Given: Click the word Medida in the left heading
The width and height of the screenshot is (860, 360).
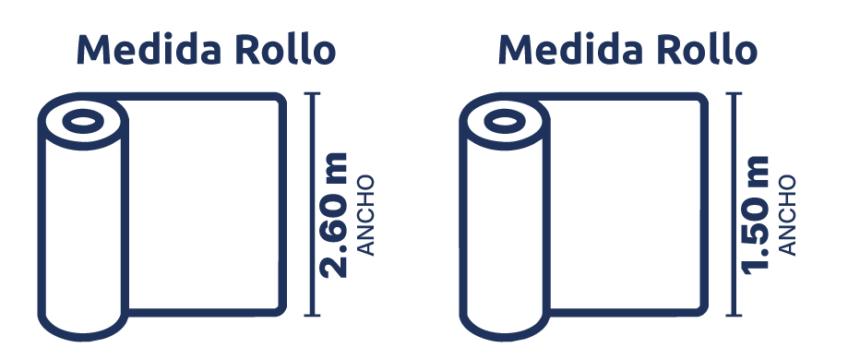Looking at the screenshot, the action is (x=149, y=50).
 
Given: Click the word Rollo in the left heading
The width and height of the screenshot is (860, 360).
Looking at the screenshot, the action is (x=285, y=50).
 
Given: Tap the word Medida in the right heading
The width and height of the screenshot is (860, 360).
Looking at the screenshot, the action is (x=570, y=50).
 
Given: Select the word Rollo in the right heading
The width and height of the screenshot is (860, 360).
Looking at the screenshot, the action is (x=707, y=50).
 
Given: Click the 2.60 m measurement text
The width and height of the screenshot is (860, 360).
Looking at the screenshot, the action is (x=334, y=215).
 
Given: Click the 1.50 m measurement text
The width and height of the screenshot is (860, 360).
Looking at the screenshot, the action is (x=755, y=215).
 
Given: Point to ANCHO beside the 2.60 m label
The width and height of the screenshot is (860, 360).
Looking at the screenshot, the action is (x=365, y=216).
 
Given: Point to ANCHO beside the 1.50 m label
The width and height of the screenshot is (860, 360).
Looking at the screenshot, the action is (x=787, y=216).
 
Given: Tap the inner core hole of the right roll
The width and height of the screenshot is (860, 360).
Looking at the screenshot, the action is (x=505, y=121).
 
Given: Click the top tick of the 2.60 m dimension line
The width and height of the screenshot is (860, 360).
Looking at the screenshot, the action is (x=312, y=94).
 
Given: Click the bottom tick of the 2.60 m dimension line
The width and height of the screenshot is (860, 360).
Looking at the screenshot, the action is (x=312, y=315).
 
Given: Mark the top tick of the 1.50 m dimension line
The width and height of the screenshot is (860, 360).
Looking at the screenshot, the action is (x=734, y=94).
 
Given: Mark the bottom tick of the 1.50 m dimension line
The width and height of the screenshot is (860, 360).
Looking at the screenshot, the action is (x=734, y=315).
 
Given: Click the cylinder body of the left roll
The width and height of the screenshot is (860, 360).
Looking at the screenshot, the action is (x=83, y=231).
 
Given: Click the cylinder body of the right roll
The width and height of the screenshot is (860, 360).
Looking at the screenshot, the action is (x=505, y=231).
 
